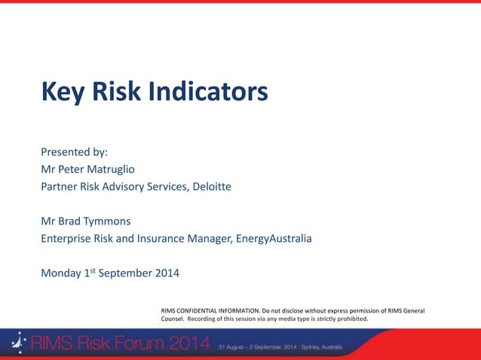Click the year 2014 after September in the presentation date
167,273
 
